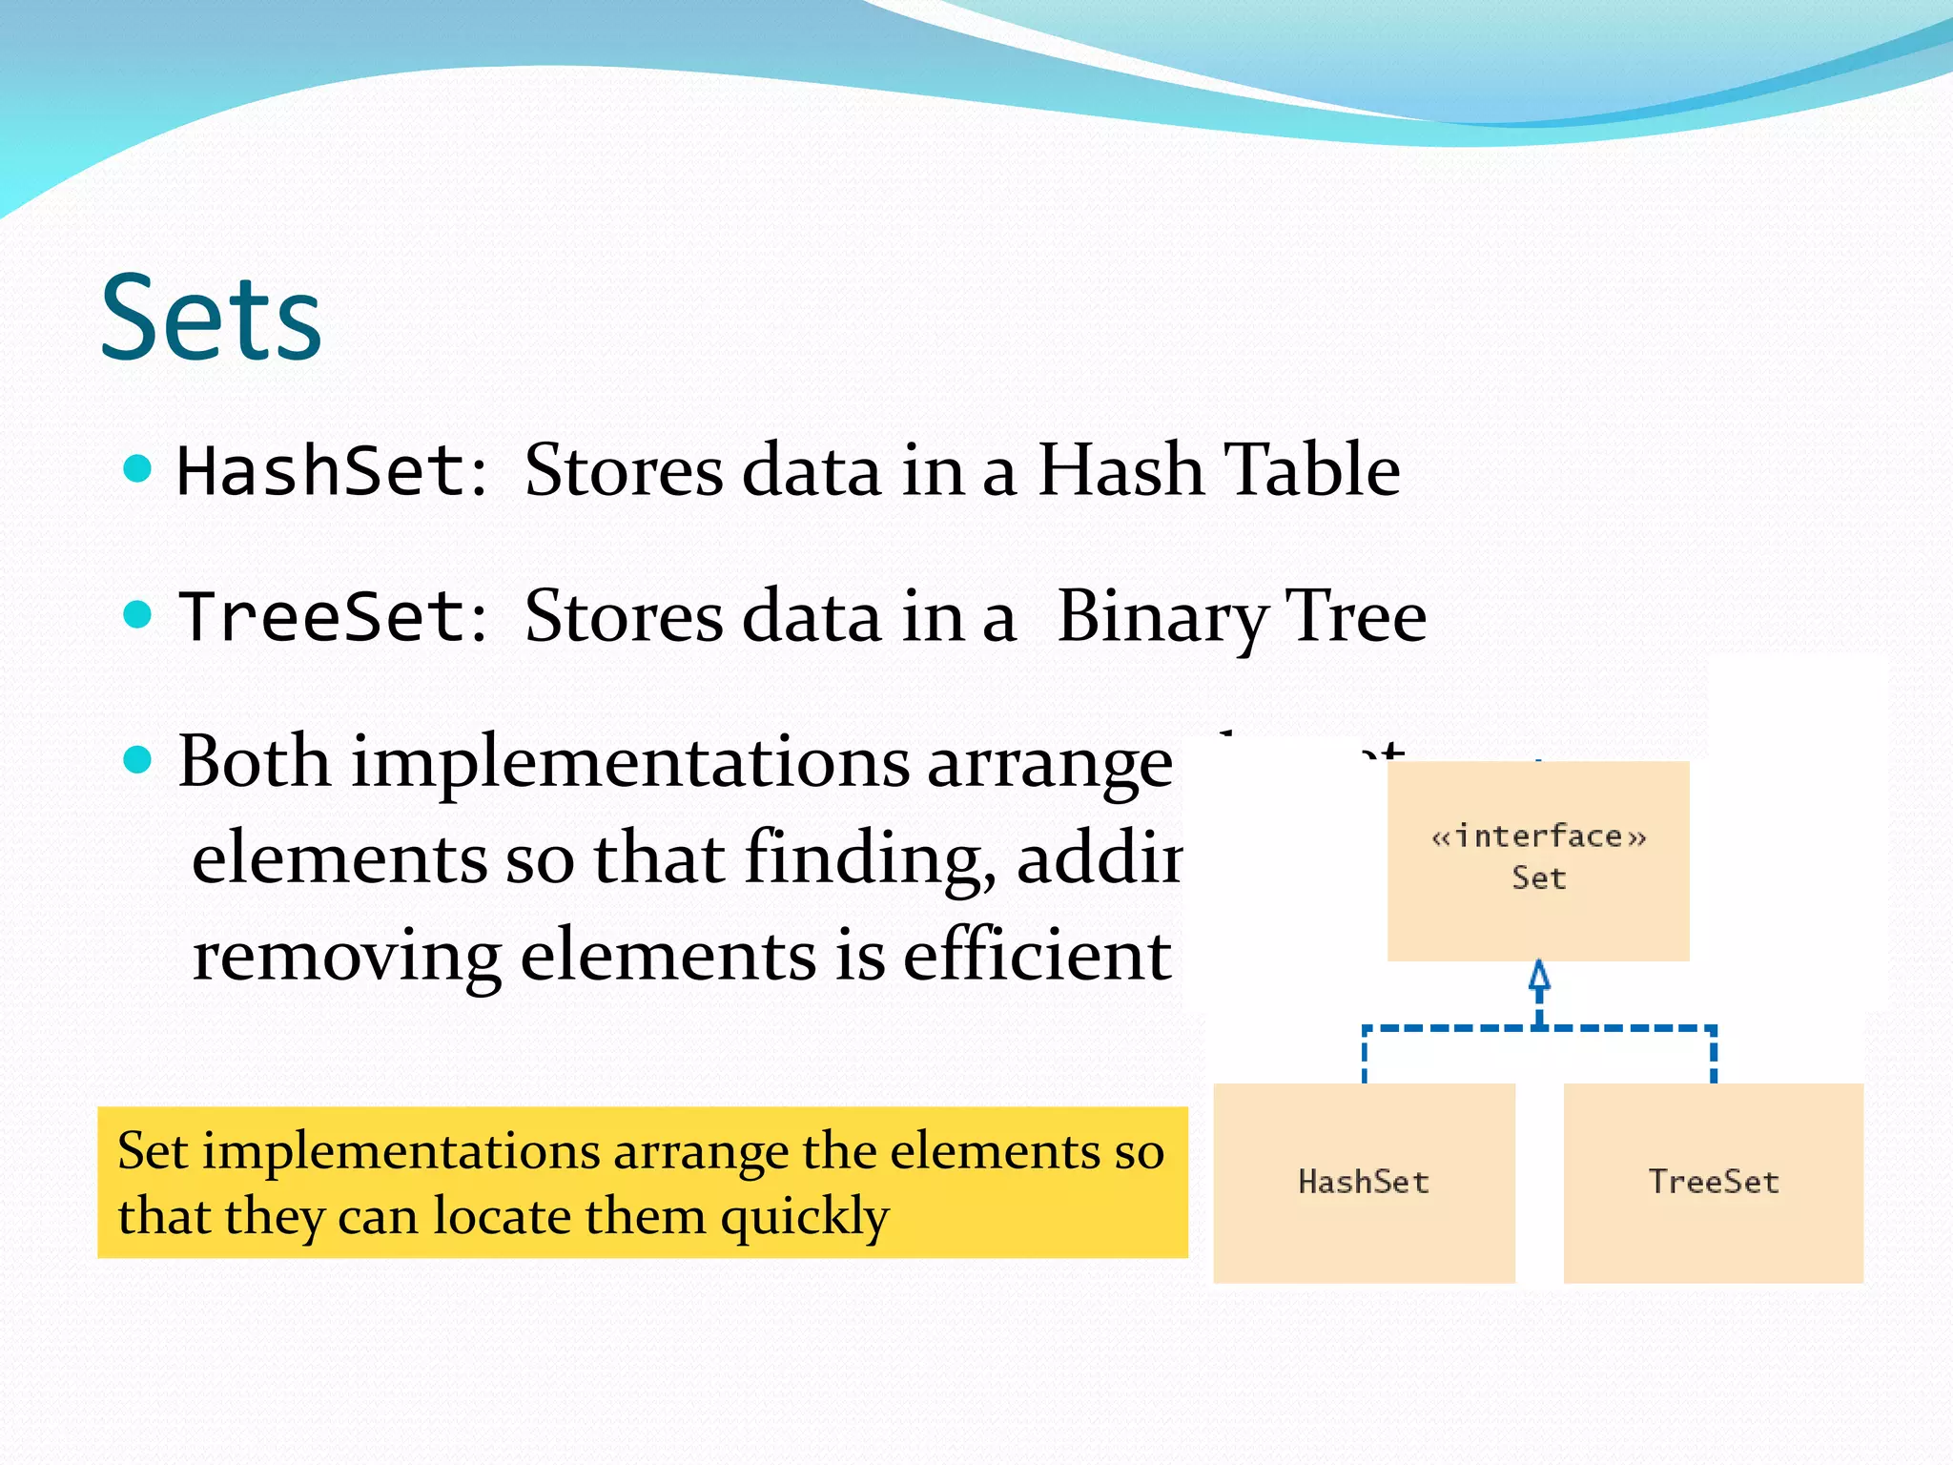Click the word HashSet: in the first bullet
tap(333, 471)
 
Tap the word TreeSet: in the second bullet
tap(333, 616)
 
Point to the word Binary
tap(1161, 617)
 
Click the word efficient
tap(1037, 956)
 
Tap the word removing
tap(347, 956)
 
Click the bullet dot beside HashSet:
tap(138, 468)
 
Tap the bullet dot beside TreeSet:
tap(138, 614)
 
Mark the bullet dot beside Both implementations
tap(138, 760)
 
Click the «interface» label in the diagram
tap(1538, 836)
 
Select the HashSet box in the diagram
tap(1364, 1182)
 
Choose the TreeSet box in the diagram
tap(1713, 1182)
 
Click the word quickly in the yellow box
tap(804, 1216)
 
